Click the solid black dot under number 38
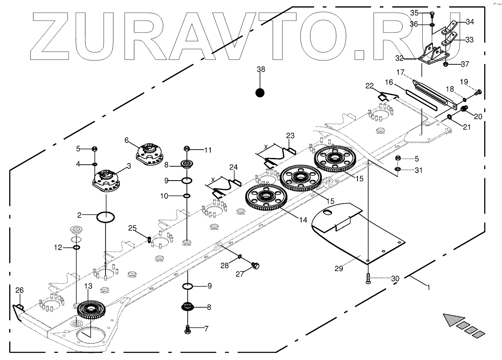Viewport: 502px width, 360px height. [x=260, y=92]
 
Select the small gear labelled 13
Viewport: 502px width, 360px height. [x=90, y=309]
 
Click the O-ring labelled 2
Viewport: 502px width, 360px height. [x=106, y=217]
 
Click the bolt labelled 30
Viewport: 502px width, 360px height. [x=368, y=278]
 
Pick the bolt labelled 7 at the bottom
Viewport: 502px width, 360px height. [x=188, y=329]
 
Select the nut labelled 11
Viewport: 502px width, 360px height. [x=187, y=149]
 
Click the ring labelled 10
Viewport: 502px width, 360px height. [x=187, y=196]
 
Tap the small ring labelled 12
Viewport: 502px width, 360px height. [x=77, y=248]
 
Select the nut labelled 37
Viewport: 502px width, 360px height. [x=446, y=64]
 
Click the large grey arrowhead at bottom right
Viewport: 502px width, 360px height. [x=453, y=319]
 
